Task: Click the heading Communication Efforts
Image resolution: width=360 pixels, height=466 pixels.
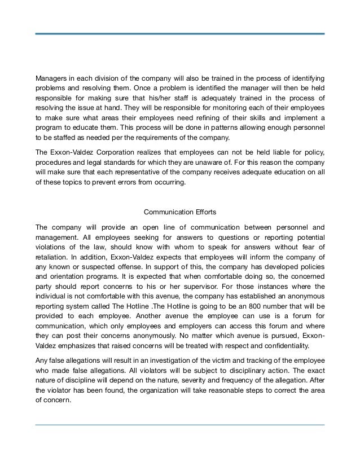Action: pyautogui.click(x=179, y=213)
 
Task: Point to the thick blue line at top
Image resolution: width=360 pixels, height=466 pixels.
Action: pyautogui.click(x=179, y=34)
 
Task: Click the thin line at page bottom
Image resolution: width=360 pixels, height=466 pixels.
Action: pyautogui.click(x=179, y=425)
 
